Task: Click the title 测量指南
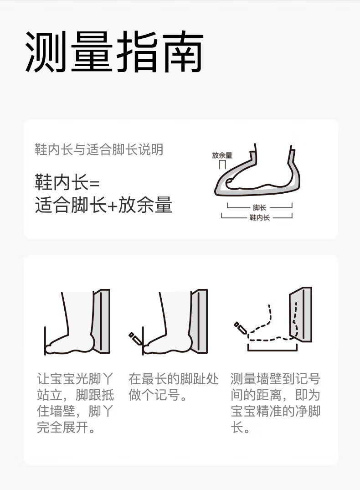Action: point(114,52)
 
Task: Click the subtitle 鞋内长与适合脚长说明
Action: point(99,150)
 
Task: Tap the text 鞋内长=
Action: point(67,182)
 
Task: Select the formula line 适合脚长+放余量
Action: point(103,205)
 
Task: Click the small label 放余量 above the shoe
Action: point(222,155)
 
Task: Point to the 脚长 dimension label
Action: point(259,207)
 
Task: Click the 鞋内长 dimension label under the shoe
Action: point(259,217)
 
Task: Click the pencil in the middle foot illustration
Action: point(135,338)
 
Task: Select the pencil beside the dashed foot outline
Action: point(240,327)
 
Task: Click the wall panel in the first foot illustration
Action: point(102,321)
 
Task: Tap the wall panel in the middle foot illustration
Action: point(199,321)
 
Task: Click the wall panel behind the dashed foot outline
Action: point(301,314)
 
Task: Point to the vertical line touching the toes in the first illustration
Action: point(45,340)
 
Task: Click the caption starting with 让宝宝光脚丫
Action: point(75,403)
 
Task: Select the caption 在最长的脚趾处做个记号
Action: point(174,387)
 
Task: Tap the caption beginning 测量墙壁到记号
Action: point(276,403)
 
